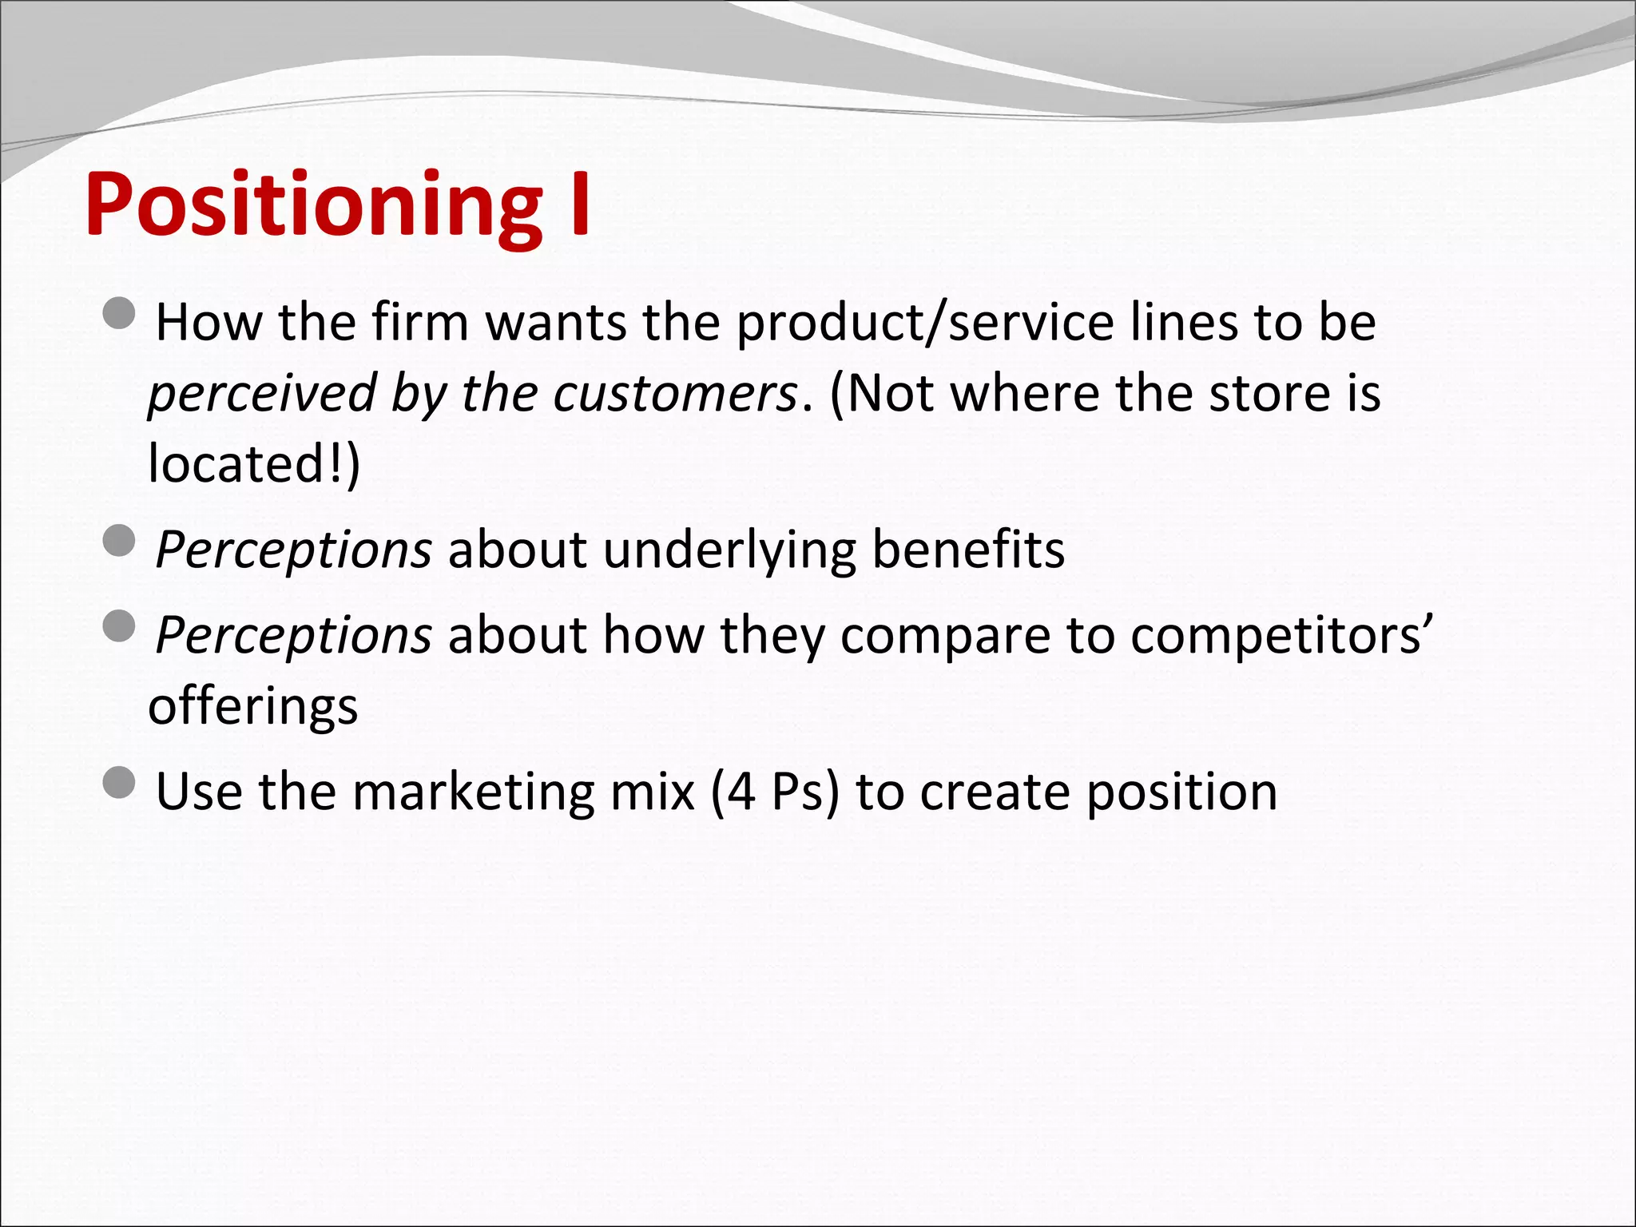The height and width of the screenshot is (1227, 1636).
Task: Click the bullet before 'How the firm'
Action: click(x=120, y=314)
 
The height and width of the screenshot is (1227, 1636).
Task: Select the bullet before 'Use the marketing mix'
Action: click(x=120, y=783)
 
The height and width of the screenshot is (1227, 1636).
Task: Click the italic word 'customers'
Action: click(x=675, y=393)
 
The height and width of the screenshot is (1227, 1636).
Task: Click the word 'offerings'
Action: click(x=253, y=706)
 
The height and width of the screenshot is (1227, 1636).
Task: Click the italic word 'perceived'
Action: click(x=262, y=393)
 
